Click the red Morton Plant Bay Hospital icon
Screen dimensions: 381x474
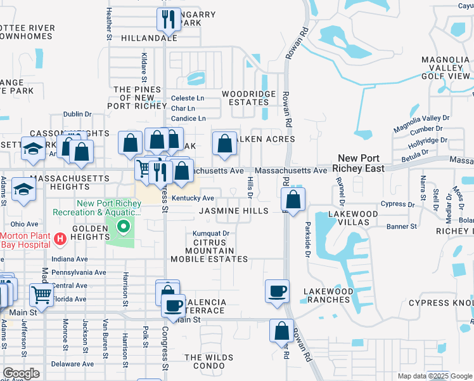click(x=60, y=239)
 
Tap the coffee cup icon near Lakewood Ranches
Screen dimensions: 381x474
click(x=277, y=291)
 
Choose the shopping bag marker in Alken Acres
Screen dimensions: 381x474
click(x=224, y=144)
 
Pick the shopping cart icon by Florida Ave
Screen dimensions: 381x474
click(x=41, y=294)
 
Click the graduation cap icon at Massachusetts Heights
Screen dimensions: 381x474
click(x=24, y=190)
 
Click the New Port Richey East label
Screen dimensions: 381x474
click(x=360, y=163)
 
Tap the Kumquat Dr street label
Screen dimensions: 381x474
click(x=211, y=234)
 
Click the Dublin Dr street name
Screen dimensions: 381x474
click(x=77, y=114)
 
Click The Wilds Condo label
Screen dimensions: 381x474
click(x=209, y=361)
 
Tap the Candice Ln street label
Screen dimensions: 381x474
click(x=189, y=118)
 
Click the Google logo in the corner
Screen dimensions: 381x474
click(x=21, y=373)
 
